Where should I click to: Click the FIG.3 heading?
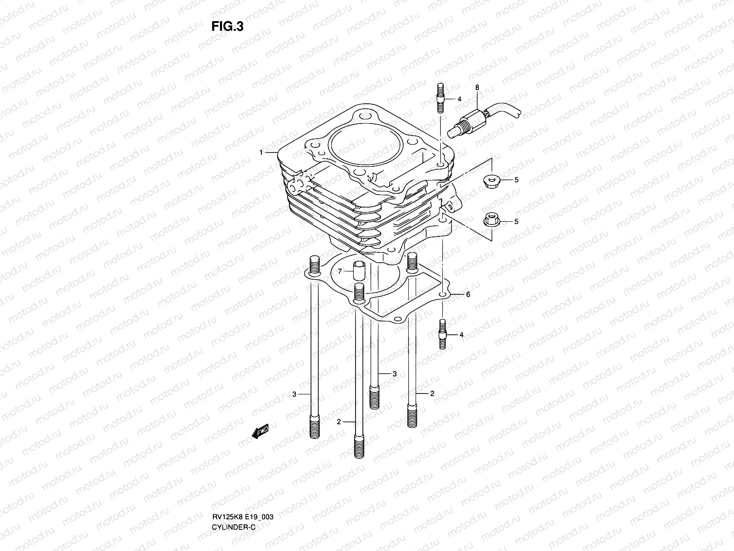pos(228,27)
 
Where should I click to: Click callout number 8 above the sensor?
pos(477,87)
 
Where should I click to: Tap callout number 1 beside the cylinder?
pos(261,152)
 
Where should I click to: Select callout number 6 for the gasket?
pos(468,295)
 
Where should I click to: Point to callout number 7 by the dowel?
pos(340,272)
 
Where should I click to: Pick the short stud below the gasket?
pos(443,334)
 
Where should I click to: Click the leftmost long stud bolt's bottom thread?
pos(314,427)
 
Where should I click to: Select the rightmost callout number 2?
pos(432,394)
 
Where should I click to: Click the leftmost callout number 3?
pos(295,394)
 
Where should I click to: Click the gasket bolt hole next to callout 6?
pos(443,294)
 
